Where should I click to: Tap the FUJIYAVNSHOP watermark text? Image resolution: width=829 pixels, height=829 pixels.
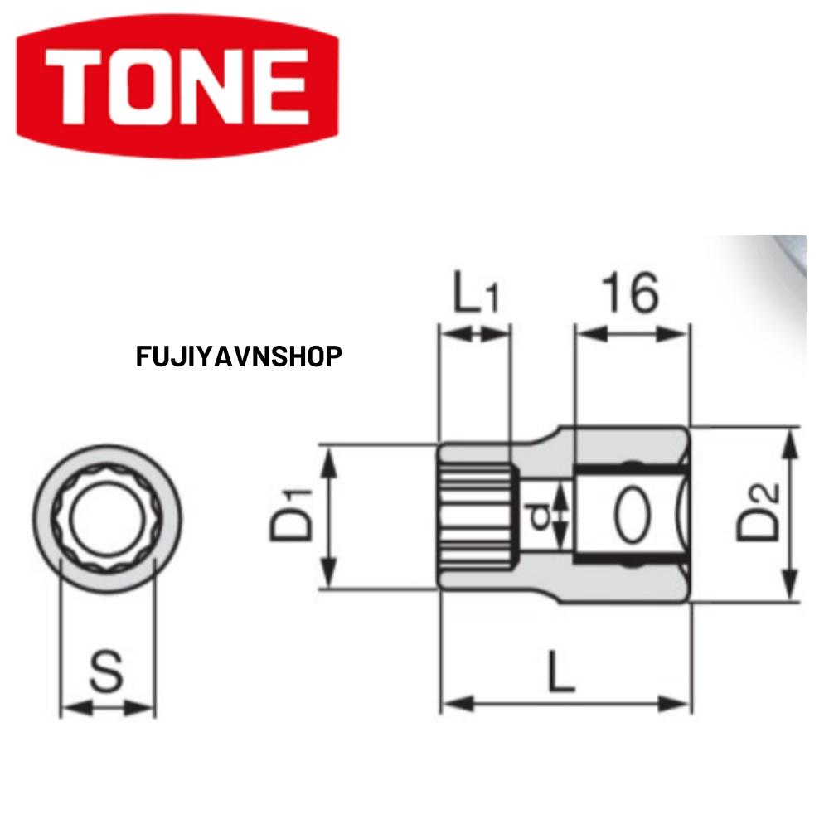(239, 357)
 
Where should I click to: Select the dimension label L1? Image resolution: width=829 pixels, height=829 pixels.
(475, 295)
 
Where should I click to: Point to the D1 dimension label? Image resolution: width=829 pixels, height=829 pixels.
(291, 516)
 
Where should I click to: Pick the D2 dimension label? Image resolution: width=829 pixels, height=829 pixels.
(759, 514)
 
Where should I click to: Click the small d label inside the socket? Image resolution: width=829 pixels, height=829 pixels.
(541, 516)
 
